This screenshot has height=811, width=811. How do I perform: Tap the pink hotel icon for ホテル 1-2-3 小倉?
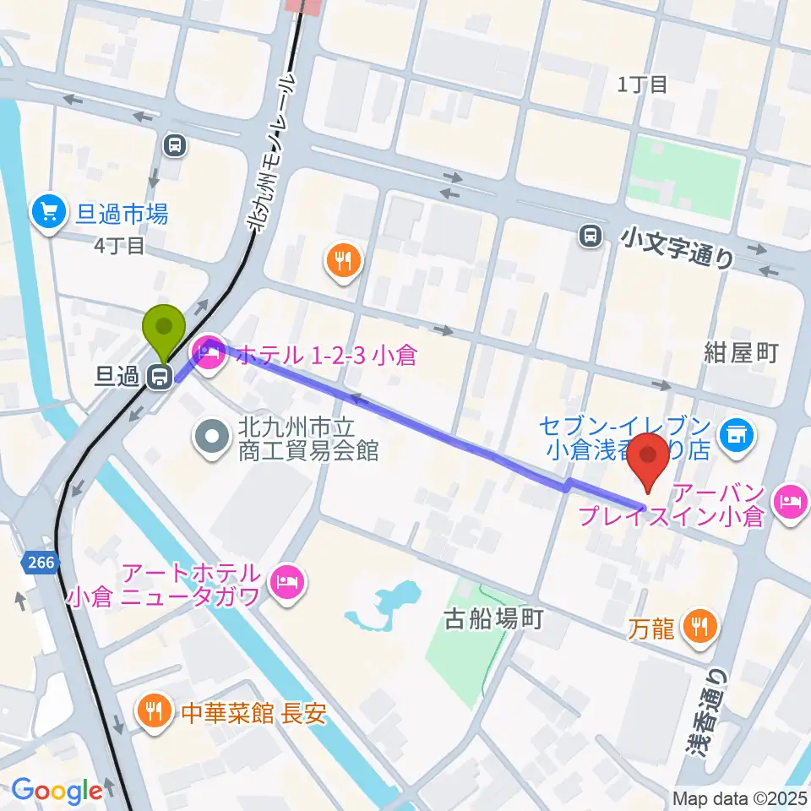[x=208, y=349]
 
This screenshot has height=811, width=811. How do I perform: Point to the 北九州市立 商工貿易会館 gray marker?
[x=210, y=437]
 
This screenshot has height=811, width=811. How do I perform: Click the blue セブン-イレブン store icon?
[x=736, y=435]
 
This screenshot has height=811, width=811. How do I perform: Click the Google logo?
[x=57, y=791]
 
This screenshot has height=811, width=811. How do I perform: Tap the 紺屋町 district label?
[x=740, y=352]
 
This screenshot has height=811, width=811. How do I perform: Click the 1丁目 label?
[x=642, y=84]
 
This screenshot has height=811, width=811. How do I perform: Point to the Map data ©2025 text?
[x=741, y=798]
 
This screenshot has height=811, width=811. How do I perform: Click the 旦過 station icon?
[x=157, y=377]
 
